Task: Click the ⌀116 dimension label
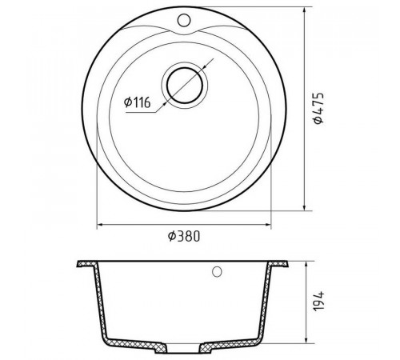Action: (x=138, y=102)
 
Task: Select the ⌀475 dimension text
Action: (x=318, y=108)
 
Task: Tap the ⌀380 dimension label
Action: (x=184, y=236)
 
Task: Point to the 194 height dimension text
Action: (x=319, y=301)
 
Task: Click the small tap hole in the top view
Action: (x=184, y=20)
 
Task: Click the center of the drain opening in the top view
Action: (x=185, y=86)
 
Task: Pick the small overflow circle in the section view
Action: (x=217, y=272)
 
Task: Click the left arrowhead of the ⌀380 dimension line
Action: (x=100, y=225)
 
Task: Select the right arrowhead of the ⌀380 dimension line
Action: (x=267, y=225)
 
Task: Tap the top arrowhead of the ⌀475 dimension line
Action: (x=304, y=10)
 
